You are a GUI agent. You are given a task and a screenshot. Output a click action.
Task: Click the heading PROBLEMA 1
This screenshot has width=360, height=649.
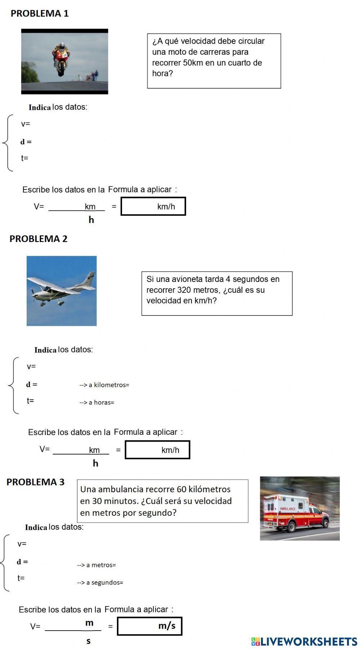(x=40, y=14)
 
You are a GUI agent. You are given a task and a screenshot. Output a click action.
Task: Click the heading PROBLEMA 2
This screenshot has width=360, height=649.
(x=39, y=239)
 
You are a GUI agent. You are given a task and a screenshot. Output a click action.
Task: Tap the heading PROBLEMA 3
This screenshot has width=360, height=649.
(x=35, y=482)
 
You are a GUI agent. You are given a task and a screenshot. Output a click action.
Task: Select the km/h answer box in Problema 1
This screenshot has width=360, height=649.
(x=153, y=206)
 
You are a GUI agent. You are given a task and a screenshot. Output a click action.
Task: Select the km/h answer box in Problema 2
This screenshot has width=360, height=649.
(x=157, y=450)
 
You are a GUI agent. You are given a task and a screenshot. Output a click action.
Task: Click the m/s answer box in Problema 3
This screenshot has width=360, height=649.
(x=149, y=626)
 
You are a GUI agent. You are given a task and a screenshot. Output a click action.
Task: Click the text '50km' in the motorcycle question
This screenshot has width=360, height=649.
(x=193, y=63)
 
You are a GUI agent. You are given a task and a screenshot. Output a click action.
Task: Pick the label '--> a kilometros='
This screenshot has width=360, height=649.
(x=104, y=385)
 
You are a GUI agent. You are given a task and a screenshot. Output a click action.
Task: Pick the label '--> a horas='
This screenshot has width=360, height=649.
(x=97, y=403)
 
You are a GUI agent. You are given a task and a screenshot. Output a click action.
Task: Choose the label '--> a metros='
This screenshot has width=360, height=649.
(x=96, y=565)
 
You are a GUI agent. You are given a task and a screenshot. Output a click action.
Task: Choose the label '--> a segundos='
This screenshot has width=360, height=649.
(x=100, y=582)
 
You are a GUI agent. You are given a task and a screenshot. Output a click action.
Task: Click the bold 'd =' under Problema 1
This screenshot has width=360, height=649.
(x=26, y=142)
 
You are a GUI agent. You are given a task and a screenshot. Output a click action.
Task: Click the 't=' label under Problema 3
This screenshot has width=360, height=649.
(x=21, y=578)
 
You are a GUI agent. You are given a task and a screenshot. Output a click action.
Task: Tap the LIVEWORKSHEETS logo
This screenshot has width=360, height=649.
(x=304, y=641)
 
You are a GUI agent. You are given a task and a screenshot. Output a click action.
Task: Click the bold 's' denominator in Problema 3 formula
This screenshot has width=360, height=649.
(x=89, y=641)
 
